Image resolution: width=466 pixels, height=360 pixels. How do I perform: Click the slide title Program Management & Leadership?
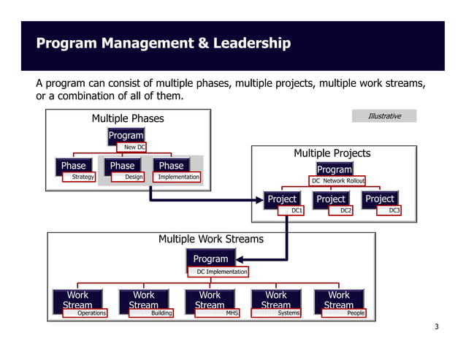click(163, 44)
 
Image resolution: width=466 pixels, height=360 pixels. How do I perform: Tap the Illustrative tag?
click(383, 116)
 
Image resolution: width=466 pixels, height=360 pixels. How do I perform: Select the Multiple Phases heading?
click(127, 118)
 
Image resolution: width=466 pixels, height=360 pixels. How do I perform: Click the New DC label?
click(131, 148)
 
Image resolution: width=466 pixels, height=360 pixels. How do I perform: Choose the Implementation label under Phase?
click(178, 177)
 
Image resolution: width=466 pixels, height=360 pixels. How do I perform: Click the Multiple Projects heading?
click(332, 153)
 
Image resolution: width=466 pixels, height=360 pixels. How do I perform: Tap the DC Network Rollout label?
click(337, 181)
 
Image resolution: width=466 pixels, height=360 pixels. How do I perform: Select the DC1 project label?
click(291, 210)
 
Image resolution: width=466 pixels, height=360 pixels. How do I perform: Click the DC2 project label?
click(340, 210)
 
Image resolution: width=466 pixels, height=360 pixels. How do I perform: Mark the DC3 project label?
click(389, 210)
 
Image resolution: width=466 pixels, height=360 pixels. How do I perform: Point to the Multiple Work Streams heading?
click(210, 239)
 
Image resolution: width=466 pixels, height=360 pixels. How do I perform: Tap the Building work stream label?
click(151, 313)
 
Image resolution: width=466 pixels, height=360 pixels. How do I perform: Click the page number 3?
click(436, 326)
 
